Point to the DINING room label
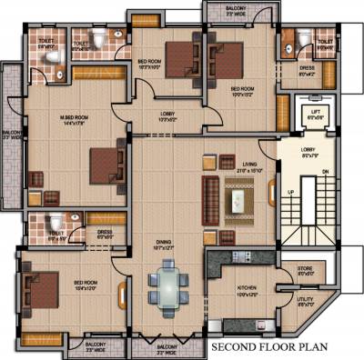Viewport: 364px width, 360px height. (164, 244)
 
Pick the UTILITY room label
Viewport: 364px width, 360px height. (306, 302)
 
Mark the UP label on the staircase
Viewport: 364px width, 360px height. (291, 194)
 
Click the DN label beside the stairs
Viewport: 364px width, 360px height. (326, 172)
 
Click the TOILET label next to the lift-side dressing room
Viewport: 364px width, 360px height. (324, 41)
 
